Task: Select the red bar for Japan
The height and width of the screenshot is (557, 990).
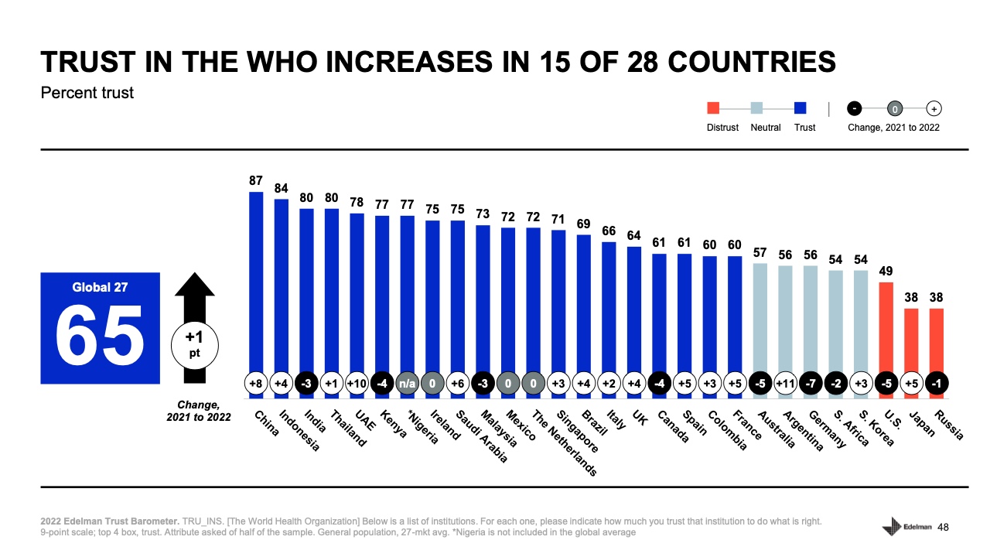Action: (912, 340)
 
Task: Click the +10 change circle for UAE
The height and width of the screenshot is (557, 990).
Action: (357, 383)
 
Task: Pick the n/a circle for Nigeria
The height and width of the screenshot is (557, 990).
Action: (407, 383)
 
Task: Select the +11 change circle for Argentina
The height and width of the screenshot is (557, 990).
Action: (786, 383)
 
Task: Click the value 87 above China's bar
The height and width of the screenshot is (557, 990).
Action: (256, 180)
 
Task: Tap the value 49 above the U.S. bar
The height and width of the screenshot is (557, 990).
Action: (886, 271)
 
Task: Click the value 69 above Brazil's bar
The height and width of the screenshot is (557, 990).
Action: (583, 224)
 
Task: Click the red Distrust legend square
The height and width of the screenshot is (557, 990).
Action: (714, 108)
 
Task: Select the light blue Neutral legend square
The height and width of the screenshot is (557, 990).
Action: (757, 108)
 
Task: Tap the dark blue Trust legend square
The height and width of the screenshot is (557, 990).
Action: (801, 108)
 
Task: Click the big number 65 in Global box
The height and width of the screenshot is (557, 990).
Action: (100, 334)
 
